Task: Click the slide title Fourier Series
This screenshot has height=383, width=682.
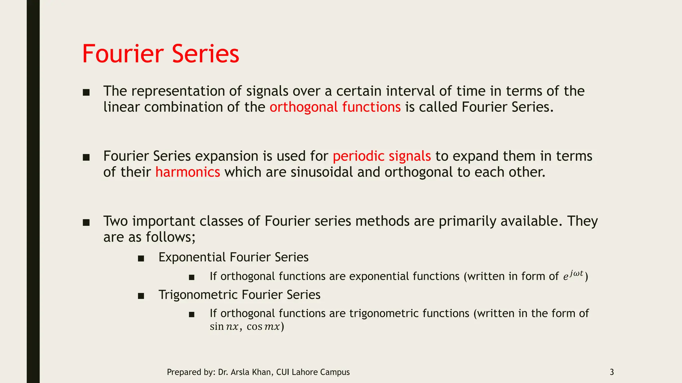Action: click(x=161, y=54)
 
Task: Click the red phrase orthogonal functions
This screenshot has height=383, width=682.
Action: click(x=335, y=107)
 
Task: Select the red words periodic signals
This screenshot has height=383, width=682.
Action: click(x=382, y=156)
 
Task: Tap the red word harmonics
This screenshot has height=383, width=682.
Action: click(x=187, y=172)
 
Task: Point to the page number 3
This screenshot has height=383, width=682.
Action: click(x=611, y=372)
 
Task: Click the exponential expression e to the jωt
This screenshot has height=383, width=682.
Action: click(x=573, y=276)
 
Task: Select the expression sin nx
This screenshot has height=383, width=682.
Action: click(x=224, y=327)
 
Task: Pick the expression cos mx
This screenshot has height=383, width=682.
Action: click(x=263, y=327)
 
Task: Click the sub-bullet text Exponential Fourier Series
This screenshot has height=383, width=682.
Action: click(x=233, y=257)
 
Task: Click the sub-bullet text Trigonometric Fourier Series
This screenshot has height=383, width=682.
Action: click(x=239, y=295)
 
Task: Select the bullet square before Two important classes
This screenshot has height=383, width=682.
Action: click(x=86, y=222)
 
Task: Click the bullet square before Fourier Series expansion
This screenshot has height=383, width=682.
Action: click(x=86, y=157)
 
